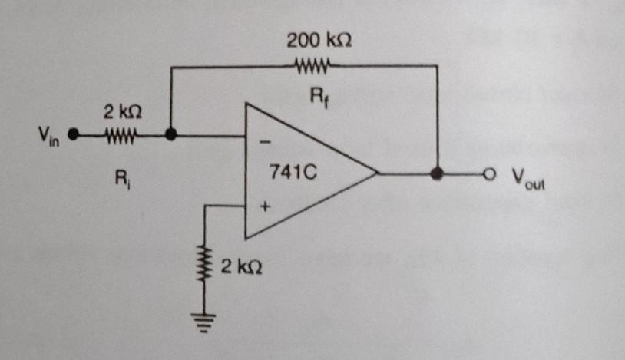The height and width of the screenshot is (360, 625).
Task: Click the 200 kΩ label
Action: (x=319, y=39)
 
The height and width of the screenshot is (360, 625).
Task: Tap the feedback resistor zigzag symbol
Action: (x=312, y=66)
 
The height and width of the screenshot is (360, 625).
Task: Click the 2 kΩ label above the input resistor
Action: (x=122, y=113)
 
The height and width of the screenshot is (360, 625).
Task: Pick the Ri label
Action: (x=121, y=182)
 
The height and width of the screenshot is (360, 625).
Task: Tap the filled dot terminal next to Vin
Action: (x=72, y=135)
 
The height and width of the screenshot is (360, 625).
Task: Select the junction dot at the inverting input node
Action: (x=171, y=135)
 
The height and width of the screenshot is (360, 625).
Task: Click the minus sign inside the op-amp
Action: (x=265, y=142)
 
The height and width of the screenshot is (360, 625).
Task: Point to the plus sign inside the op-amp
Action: (x=264, y=206)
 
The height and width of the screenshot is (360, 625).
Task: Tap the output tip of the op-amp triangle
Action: (x=377, y=173)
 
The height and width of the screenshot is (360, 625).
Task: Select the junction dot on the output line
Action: (x=437, y=174)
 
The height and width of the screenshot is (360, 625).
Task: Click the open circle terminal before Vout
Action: (x=485, y=174)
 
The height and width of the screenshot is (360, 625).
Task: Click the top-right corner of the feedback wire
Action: (x=437, y=67)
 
